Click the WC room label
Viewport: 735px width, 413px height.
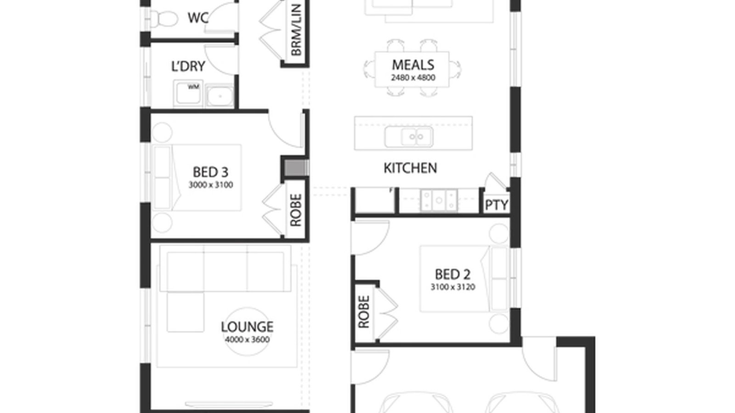(198, 18)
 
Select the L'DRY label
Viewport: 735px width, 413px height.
(188, 67)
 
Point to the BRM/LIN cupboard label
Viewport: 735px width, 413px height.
(296, 30)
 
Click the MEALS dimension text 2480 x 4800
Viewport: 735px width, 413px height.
(413, 78)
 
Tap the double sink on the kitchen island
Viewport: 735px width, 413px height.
(409, 137)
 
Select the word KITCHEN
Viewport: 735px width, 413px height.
(410, 168)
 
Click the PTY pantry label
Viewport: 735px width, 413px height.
(496, 205)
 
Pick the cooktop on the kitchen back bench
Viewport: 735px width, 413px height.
(439, 201)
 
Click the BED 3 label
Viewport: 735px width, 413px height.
(210, 173)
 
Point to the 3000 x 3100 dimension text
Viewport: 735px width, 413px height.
(210, 185)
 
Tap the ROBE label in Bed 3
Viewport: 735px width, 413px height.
(296, 210)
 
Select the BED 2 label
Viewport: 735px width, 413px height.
(452, 274)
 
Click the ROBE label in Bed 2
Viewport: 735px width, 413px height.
(363, 312)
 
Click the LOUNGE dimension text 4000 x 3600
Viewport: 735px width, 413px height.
(247, 340)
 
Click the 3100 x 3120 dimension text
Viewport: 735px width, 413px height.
(452, 287)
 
